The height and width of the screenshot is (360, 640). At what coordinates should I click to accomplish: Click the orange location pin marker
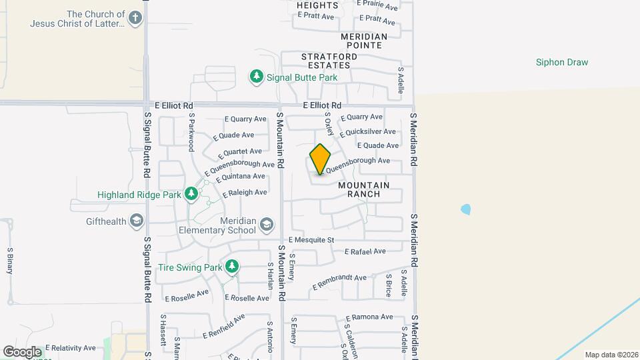tap(321, 159)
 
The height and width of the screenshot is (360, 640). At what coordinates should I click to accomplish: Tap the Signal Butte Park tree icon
tap(257, 77)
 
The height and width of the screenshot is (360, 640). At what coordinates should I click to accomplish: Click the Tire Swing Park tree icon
tap(232, 267)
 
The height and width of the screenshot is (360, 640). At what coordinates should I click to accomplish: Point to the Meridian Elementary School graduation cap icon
tap(267, 224)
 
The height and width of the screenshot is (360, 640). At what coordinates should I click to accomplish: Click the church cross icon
tap(136, 18)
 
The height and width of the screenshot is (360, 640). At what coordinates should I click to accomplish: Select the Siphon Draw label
tap(562, 63)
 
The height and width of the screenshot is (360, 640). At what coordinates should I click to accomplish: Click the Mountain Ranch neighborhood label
tap(363, 189)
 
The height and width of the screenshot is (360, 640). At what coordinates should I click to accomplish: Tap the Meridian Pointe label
tap(364, 41)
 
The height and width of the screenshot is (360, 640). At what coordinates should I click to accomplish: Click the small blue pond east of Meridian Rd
tap(465, 209)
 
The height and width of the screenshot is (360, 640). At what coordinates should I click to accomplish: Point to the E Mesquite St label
tap(311, 240)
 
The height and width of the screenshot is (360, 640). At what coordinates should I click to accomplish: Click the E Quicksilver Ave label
tap(368, 131)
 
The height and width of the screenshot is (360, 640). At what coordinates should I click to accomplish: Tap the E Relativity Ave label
tap(69, 348)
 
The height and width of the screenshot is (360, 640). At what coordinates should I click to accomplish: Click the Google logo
tap(23, 351)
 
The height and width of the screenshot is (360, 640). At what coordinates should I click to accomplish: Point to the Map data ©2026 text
tap(610, 355)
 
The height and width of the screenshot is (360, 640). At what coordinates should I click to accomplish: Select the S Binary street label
tap(10, 261)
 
